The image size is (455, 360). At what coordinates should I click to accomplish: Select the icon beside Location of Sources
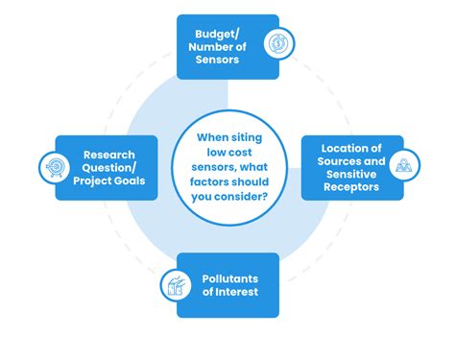pyautogui.click(x=403, y=167)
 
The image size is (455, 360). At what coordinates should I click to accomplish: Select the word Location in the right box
pyautogui.click(x=338, y=148)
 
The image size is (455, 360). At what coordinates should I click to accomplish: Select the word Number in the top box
pyautogui.click(x=204, y=44)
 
